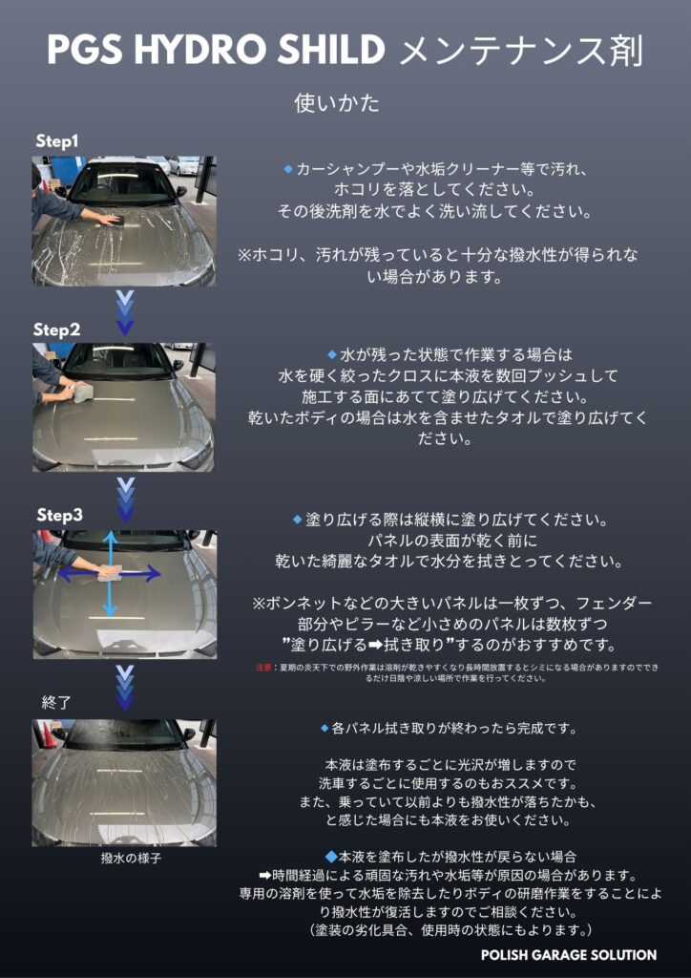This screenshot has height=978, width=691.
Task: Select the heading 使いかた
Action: (x=337, y=103)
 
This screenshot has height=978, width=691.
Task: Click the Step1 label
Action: (x=57, y=141)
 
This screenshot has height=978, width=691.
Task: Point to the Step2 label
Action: (x=56, y=330)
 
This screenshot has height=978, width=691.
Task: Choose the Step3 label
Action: (x=59, y=516)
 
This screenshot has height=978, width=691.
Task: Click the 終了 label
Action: (x=56, y=703)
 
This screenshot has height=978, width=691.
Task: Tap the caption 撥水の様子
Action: (x=123, y=859)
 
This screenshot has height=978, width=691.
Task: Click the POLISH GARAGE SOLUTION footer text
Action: (x=568, y=955)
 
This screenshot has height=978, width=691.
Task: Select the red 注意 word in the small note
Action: (x=262, y=668)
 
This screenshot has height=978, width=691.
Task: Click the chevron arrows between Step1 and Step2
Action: (x=125, y=313)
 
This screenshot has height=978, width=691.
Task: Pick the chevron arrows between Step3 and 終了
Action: (x=125, y=688)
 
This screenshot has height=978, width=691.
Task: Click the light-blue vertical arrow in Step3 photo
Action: (x=111, y=574)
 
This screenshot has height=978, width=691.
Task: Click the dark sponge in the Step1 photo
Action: (x=115, y=220)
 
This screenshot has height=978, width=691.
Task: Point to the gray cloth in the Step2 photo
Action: (x=83, y=393)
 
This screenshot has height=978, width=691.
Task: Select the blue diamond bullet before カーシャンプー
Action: (x=288, y=168)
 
